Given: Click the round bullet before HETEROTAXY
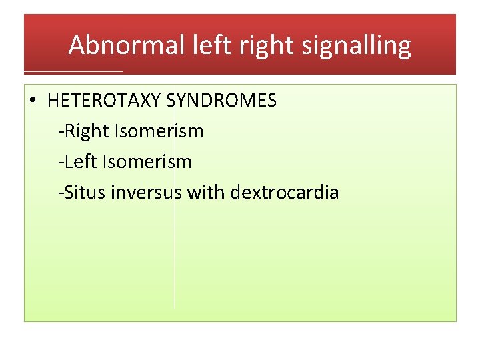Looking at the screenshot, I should pyautogui.click(x=33, y=102).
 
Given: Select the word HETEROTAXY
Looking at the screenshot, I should pyautogui.click(x=104, y=101).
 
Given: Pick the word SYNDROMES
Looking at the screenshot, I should pyautogui.click(x=221, y=101).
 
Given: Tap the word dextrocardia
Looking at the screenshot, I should pyautogui.click(x=285, y=193).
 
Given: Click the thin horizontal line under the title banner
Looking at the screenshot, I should pyautogui.click(x=73, y=71).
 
